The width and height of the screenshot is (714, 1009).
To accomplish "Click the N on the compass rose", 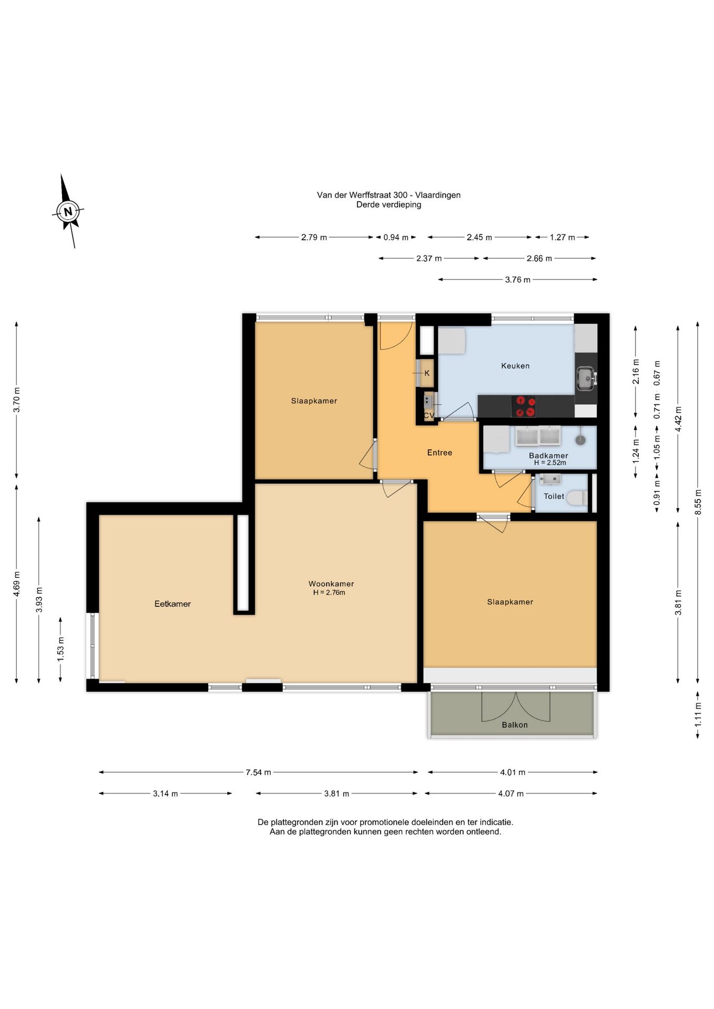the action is coord(68,212).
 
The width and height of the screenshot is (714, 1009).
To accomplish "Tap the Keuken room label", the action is coord(515,366).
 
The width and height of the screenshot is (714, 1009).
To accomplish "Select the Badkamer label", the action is coord(548,456).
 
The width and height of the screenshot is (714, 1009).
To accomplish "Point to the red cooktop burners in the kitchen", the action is coord(524,406).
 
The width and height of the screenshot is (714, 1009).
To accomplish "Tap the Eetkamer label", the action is coord(172,604).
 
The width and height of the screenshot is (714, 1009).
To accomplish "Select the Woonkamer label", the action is coord(331,584).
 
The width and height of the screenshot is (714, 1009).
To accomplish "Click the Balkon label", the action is coord(515,725).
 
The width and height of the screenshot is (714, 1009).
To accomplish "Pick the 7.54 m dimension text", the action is coord(258,772).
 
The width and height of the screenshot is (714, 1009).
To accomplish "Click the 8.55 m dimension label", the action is coord(698,502).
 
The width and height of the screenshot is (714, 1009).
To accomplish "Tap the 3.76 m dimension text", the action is coord(518,280).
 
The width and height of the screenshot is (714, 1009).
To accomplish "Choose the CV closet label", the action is coord(429,415).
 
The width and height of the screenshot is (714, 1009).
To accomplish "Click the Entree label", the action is coord(440,452).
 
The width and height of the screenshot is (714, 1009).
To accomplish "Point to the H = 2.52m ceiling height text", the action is coord(550,463).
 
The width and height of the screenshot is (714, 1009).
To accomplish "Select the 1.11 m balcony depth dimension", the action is coord(698,715).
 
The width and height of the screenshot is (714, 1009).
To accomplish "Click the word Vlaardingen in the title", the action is coord(438,195).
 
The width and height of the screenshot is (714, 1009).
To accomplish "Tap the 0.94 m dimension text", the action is coord(396,238).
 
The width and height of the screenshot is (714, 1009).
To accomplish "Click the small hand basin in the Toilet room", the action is coord(550,479).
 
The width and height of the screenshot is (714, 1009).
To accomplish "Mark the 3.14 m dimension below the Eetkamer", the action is coord(166,794).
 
